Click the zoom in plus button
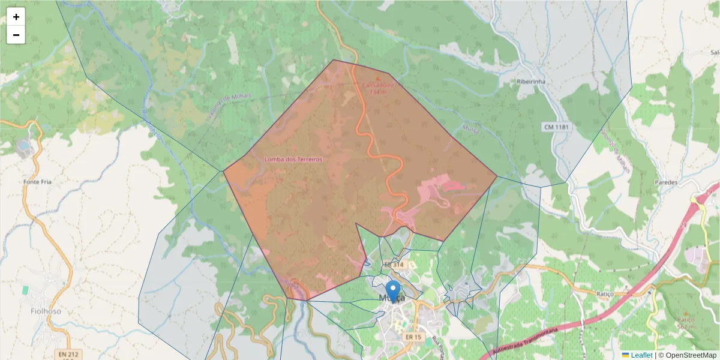point(16,17)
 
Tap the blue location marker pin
point(393,291)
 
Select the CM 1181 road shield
point(557,127)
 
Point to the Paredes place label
point(666,182)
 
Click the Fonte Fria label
point(35,182)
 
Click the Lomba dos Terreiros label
point(293,160)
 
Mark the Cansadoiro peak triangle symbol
point(377,78)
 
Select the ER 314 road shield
point(394,265)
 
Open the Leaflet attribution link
point(641,355)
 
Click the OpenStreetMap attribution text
point(688,355)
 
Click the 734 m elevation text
point(377,92)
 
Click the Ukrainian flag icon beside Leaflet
point(625,355)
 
